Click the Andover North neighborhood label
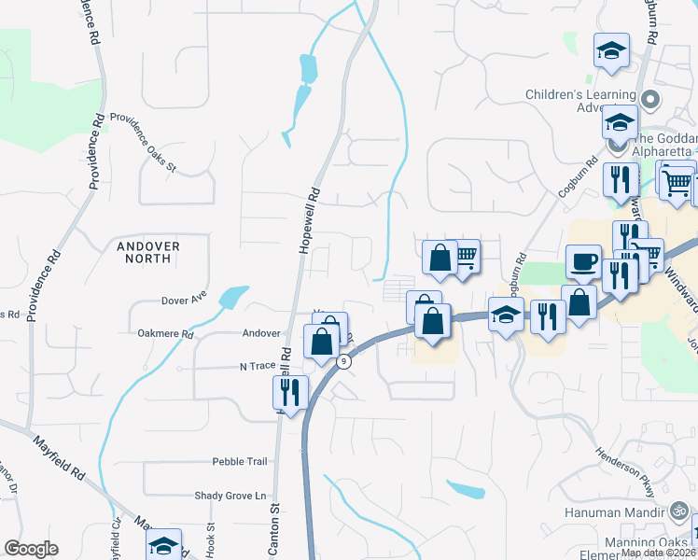[x=148, y=252]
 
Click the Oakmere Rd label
[x=164, y=333]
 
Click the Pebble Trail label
[x=240, y=461]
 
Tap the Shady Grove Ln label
[x=230, y=496]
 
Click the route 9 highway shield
[x=344, y=362]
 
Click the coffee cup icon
[x=585, y=262]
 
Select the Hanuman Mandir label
[x=612, y=511]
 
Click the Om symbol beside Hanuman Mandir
[x=679, y=511]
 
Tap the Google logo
[x=31, y=549]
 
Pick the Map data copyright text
[x=658, y=553]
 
